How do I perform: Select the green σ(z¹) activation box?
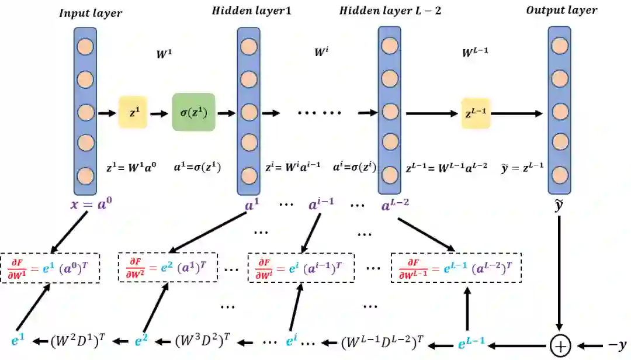tap(193, 112)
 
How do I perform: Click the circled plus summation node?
tap(560, 345)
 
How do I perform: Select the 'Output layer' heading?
tap(561, 11)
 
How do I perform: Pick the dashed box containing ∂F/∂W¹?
tap(50, 268)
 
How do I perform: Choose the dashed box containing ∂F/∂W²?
tap(168, 268)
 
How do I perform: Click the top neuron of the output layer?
tap(559, 46)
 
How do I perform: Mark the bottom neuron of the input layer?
tap(85, 175)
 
